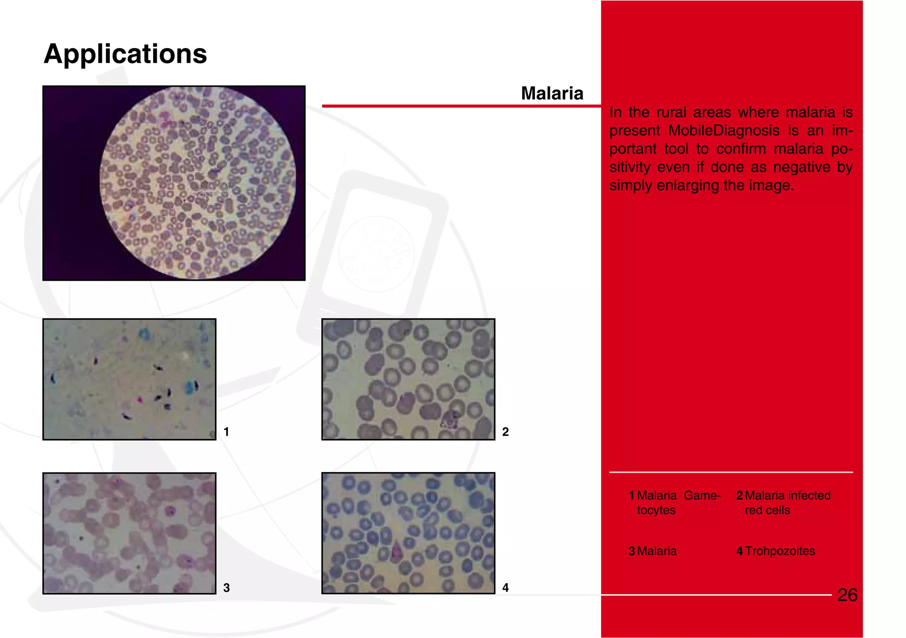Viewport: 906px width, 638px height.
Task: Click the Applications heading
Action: coord(125,54)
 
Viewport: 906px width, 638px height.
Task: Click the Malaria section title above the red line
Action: coord(552,93)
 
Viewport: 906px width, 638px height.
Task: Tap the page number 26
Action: coord(847,595)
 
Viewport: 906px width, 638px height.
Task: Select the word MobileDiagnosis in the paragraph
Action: coord(724,130)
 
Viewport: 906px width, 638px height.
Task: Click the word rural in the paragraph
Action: coord(671,112)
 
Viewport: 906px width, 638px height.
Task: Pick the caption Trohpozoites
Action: coord(779,551)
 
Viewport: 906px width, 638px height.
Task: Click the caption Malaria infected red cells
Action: coord(787,503)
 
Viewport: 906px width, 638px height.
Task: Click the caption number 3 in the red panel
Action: coord(632,551)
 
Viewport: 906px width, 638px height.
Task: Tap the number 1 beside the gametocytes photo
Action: coord(226,432)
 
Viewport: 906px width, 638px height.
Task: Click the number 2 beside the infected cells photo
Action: coord(505,432)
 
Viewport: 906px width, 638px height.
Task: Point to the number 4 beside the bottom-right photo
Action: coord(505,588)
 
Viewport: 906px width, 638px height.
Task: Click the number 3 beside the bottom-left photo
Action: coord(226,588)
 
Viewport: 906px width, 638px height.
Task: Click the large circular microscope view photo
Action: coord(197,183)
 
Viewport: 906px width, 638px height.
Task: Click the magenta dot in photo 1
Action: coord(140,400)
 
